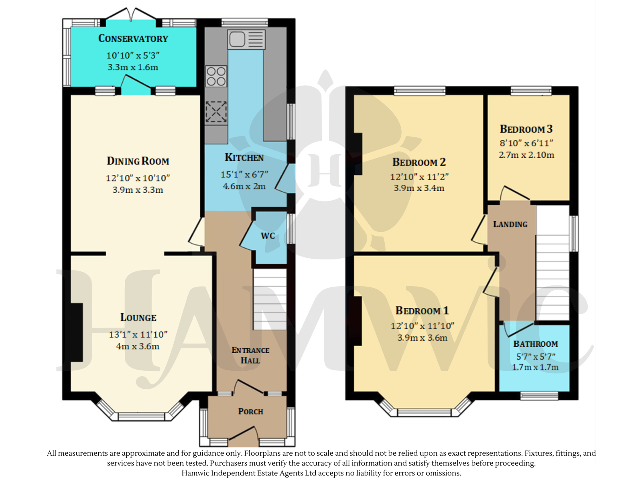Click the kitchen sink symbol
tap(246, 39)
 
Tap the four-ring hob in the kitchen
tap(216, 76)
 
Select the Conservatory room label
tap(133, 38)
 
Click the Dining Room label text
tap(138, 161)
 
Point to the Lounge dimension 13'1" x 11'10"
tap(138, 334)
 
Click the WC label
tap(268, 236)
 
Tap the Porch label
tap(251, 412)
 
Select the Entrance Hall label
tap(250, 355)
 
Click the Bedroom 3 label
tap(526, 129)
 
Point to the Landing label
tap(510, 224)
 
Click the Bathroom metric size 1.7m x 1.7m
tap(535, 367)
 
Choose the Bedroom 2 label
tap(419, 162)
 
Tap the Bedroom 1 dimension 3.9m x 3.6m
tap(423, 338)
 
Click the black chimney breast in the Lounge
tap(77, 333)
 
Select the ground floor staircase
tap(270, 299)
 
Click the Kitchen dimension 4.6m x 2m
tap(244, 186)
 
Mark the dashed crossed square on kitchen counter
tap(216, 111)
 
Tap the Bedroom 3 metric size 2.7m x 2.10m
tap(526, 155)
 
